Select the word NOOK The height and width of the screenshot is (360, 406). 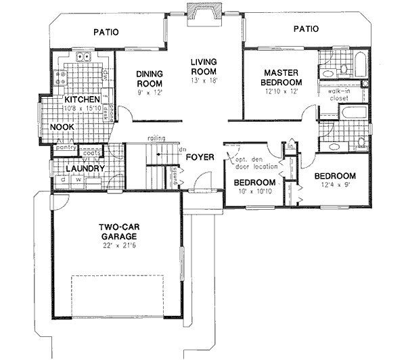[62, 127]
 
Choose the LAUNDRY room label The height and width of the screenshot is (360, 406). [85, 168]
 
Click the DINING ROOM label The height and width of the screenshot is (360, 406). [147, 79]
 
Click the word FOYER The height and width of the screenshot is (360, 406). [201, 157]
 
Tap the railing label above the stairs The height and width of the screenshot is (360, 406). [157, 139]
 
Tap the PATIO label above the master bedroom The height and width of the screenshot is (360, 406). [307, 29]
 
